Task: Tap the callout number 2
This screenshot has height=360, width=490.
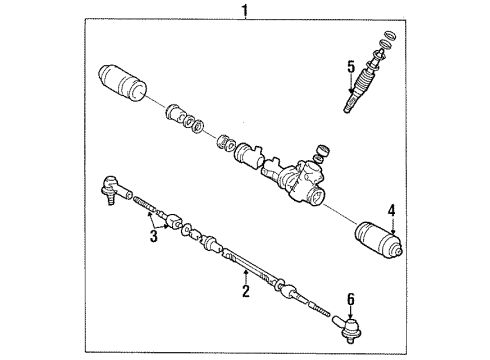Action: [243, 292]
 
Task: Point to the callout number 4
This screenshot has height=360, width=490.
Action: [392, 238]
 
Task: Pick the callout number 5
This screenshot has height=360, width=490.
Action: [351, 67]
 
